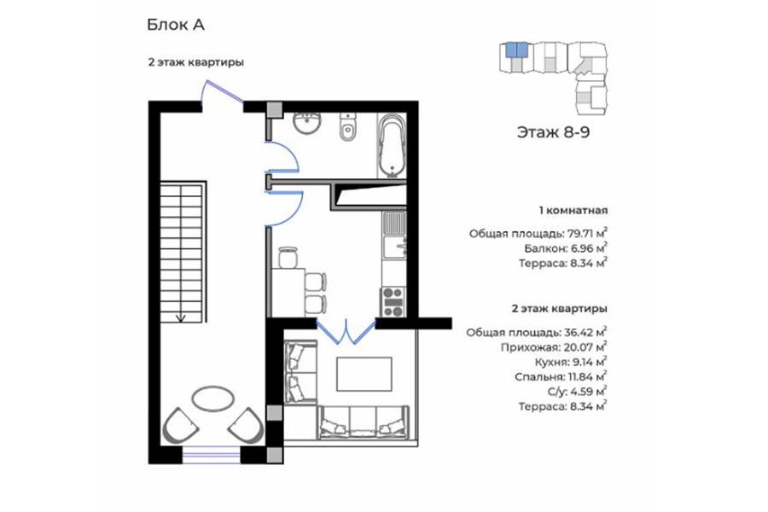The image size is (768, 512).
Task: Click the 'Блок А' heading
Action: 175,25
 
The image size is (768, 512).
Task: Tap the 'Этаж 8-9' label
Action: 553,132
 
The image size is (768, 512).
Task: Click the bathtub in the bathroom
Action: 393,145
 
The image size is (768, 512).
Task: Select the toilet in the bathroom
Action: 348,127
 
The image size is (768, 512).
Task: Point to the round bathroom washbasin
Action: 307,122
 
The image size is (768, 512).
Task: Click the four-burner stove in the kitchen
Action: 393,302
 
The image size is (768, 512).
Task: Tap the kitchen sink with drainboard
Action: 394,236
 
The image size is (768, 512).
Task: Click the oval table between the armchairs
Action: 212,399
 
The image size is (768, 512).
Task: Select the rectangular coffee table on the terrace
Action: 364,374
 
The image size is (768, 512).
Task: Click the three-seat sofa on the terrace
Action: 364,423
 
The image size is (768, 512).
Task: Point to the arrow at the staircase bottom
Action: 181,316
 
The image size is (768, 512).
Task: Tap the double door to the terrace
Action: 346,331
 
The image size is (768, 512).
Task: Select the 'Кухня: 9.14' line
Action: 571,362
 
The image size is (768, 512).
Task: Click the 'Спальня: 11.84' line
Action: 561,377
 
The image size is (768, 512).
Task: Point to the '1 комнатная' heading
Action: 573,211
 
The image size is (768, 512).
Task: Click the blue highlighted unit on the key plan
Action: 516,49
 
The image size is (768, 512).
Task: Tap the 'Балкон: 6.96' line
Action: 567,248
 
